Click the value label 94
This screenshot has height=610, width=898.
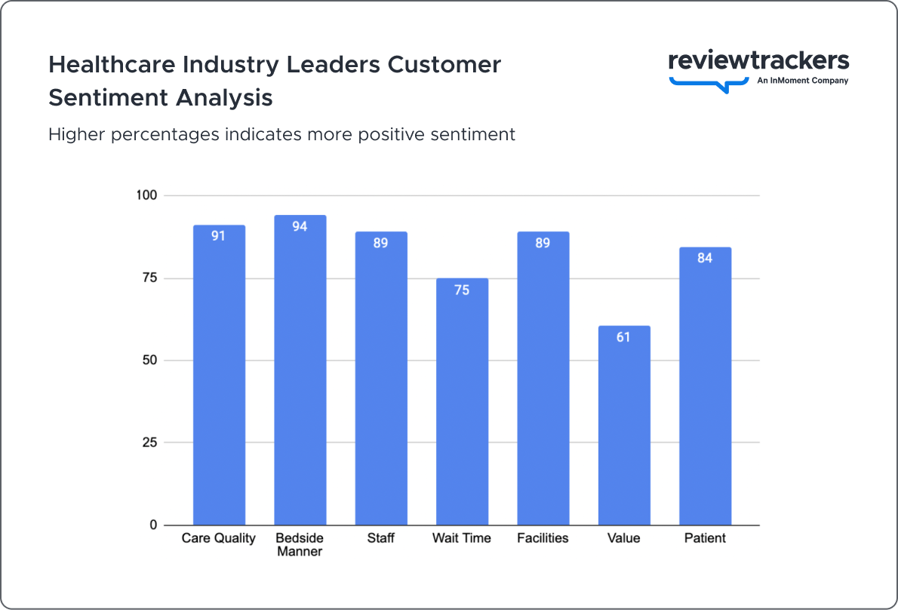[x=300, y=226]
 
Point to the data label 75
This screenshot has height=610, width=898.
[x=462, y=290]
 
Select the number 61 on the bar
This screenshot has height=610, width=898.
[x=623, y=337]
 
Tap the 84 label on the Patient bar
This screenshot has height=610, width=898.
[x=705, y=258]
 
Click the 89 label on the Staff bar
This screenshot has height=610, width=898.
[x=381, y=243]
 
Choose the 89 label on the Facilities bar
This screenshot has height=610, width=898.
[x=543, y=243]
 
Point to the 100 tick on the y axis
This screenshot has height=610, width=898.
[x=146, y=195]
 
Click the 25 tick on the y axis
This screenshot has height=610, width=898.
[x=149, y=443]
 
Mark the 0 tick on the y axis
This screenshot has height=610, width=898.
[x=153, y=525]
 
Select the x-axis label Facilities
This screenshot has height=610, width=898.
[x=543, y=538]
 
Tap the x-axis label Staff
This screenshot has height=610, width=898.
[x=381, y=538]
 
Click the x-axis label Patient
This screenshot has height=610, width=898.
[x=705, y=538]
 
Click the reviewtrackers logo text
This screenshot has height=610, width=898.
[x=758, y=60]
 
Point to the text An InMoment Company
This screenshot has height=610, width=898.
[x=802, y=81]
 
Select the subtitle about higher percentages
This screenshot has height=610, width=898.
[x=281, y=134]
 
